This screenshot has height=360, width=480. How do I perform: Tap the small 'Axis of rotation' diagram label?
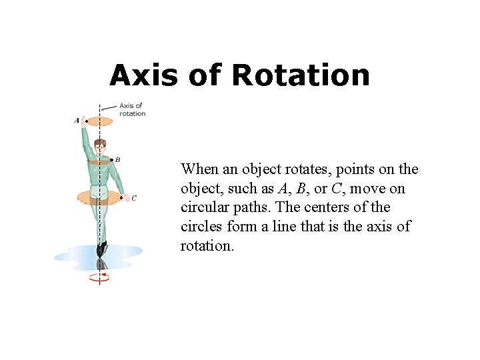[x=131, y=109]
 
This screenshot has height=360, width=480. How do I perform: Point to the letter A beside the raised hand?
[x=77, y=121]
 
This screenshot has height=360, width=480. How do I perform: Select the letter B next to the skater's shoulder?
[x=118, y=159]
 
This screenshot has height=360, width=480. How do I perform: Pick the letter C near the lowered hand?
[x=134, y=197]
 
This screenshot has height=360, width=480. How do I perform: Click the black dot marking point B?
[x=111, y=160]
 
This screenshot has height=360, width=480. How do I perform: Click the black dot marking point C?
[x=121, y=197]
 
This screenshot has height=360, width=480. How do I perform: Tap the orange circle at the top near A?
[x=101, y=121]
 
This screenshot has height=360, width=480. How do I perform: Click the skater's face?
[x=100, y=147]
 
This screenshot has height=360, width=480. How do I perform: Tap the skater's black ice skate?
[x=101, y=249]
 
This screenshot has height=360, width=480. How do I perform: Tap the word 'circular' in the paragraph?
[x=204, y=207]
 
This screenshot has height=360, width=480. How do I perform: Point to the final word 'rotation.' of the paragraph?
[x=207, y=245]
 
